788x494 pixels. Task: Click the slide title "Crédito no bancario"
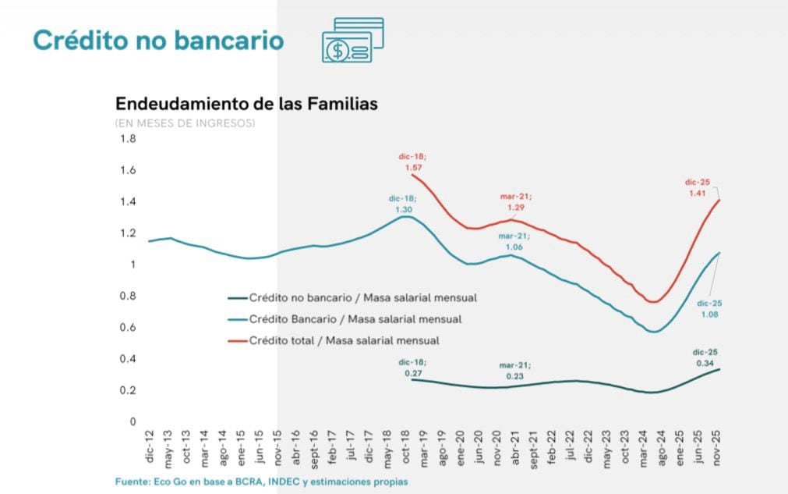[x=158, y=41]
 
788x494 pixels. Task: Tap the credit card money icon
[x=352, y=40]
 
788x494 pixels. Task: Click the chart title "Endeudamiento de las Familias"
[x=246, y=104]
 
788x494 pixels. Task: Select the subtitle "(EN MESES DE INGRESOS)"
[x=185, y=123]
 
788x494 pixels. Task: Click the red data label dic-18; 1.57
[x=413, y=162]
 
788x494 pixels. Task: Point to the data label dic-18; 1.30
[x=404, y=204]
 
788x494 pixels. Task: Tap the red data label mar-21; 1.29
[x=514, y=202]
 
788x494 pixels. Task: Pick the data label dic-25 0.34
[x=705, y=357]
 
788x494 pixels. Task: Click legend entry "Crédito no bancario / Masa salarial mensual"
[x=362, y=297]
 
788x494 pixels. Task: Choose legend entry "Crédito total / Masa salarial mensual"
[x=344, y=340]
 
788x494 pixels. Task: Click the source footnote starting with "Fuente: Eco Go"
[x=261, y=482]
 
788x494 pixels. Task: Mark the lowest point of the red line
[x=655, y=302]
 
